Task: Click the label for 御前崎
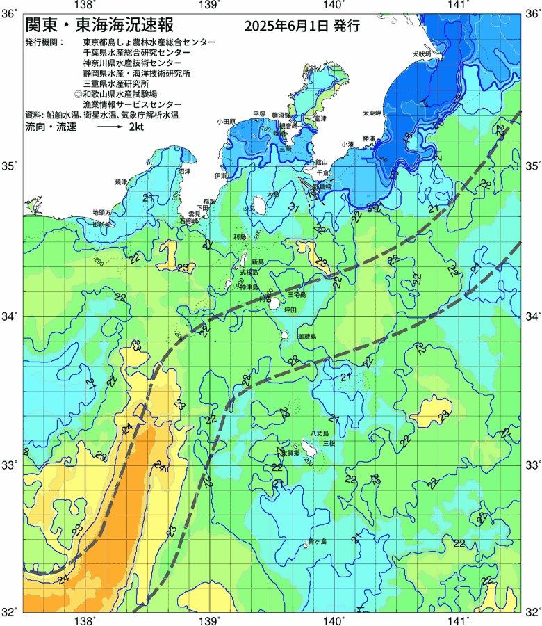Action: [x=102, y=225]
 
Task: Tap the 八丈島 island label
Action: [x=320, y=434]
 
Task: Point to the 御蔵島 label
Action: [x=306, y=336]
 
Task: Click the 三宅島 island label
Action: [x=297, y=296]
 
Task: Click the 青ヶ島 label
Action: [x=318, y=540]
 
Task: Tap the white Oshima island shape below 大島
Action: [x=255, y=205]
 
